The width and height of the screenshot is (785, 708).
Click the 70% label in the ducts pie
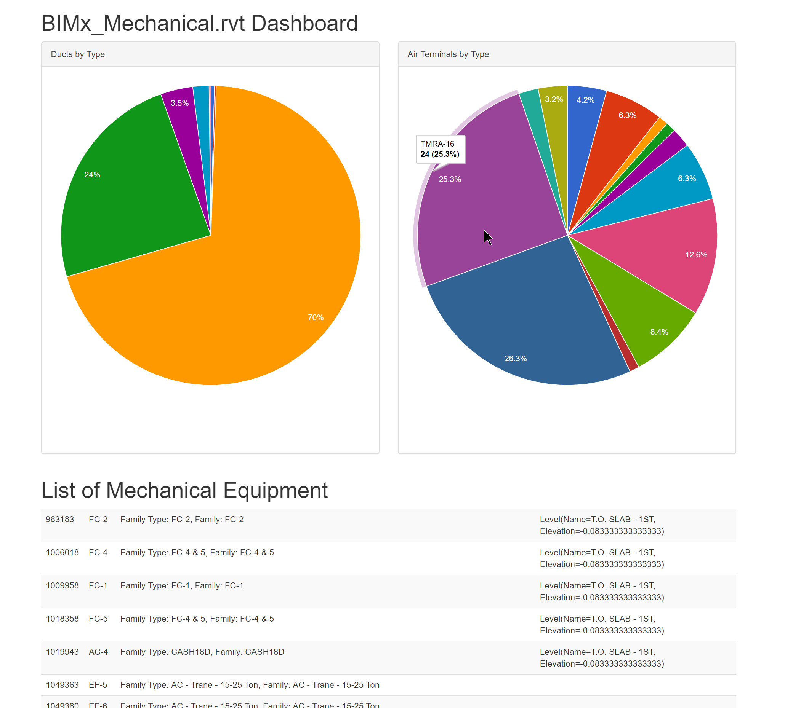point(316,317)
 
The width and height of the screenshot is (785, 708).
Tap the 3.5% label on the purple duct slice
point(179,103)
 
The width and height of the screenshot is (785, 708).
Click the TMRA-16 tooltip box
point(440,149)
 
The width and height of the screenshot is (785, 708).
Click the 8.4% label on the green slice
point(659,332)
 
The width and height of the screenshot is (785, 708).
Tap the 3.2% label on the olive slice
point(554,99)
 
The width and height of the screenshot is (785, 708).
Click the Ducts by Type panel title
point(78,54)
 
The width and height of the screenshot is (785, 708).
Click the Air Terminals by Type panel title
point(448,54)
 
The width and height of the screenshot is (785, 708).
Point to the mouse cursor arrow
point(487,237)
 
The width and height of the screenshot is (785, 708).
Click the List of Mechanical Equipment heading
point(184,490)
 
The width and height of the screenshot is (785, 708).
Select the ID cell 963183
point(60,519)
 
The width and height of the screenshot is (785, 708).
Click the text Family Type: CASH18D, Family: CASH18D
point(202,652)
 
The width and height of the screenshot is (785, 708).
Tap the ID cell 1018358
point(62,619)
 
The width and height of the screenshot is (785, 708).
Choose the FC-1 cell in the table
point(98,585)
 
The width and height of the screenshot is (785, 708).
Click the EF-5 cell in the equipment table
point(98,685)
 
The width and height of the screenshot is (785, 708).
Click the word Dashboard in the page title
point(304,23)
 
